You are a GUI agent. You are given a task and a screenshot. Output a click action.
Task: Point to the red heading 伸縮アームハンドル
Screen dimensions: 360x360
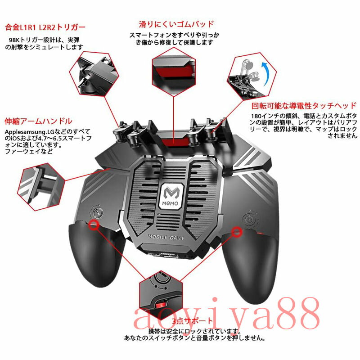tap(38, 121)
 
